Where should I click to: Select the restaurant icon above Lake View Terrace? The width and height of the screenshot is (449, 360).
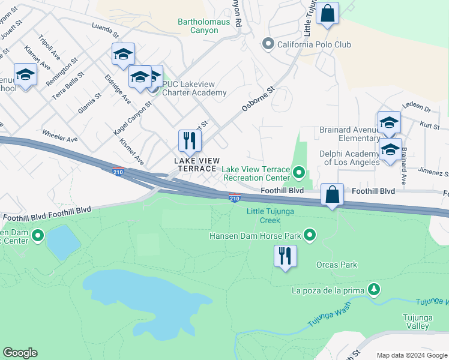190,141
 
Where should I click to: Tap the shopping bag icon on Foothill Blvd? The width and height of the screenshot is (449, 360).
332,194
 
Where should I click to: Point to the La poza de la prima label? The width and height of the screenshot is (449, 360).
328,292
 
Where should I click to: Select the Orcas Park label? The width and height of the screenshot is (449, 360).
337,265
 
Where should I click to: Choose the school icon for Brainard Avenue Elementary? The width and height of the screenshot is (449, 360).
389,122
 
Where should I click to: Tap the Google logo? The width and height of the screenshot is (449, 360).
20,353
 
